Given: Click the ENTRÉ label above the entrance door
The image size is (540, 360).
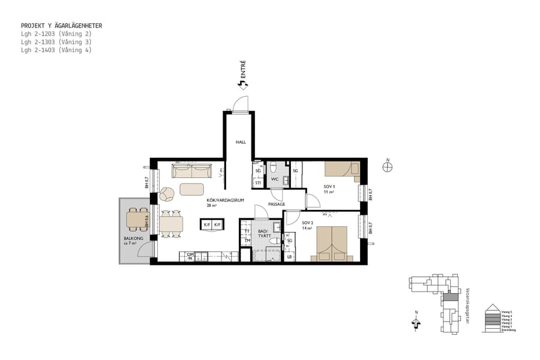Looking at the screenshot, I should click(x=244, y=70).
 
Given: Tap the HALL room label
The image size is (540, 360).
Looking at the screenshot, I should click(x=241, y=142).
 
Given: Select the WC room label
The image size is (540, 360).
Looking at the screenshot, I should click(x=274, y=179).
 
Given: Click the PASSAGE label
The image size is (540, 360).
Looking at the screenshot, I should click(x=277, y=204).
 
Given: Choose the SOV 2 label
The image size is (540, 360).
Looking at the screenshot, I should click(x=308, y=225).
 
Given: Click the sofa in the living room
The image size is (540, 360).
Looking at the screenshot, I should click(x=192, y=172).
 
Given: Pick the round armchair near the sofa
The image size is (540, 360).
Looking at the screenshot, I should click(x=167, y=194).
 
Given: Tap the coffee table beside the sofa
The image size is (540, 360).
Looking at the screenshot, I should click(x=192, y=189).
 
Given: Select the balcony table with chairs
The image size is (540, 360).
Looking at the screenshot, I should click(x=137, y=221).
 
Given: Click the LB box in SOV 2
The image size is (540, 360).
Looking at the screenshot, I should click(x=289, y=257).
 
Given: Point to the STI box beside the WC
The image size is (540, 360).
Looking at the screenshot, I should click(x=258, y=183).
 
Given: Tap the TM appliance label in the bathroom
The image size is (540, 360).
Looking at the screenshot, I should click(x=246, y=241).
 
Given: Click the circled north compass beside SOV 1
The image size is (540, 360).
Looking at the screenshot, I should click(x=388, y=167).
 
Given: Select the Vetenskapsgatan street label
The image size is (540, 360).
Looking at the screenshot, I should click(x=467, y=305).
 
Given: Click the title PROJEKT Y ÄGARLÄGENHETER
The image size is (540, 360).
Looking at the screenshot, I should click(x=61, y=26).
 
